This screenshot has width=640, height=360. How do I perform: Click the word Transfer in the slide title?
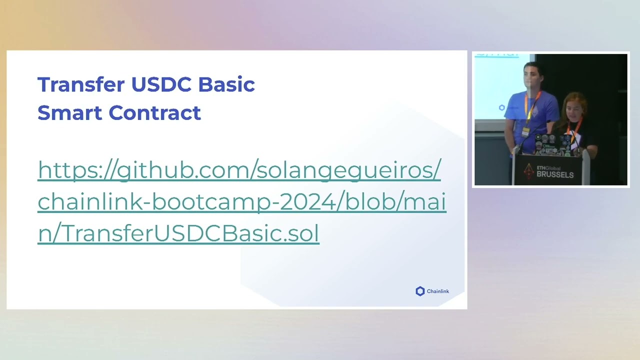click(81, 84)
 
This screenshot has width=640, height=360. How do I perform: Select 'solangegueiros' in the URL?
click(345, 170)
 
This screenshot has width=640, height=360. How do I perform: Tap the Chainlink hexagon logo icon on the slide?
click(420, 291)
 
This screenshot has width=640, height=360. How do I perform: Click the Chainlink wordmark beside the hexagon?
click(438, 291)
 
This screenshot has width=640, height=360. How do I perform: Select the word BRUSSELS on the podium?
click(555, 175)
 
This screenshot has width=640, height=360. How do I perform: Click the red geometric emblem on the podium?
click(528, 171)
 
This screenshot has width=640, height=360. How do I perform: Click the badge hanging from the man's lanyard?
click(525, 131)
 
